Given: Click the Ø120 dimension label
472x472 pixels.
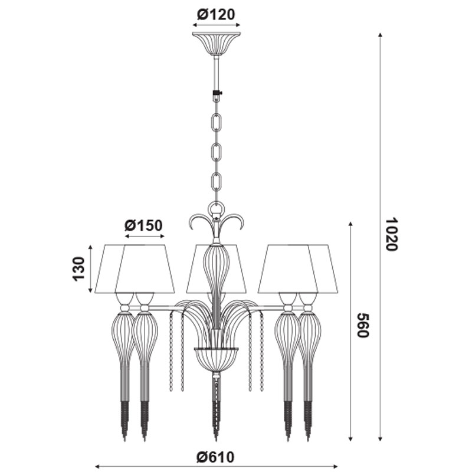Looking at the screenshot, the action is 216,14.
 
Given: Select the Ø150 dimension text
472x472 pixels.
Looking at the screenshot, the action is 143,225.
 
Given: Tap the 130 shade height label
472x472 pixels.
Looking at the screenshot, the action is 78,269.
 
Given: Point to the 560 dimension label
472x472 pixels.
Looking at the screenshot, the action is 363,325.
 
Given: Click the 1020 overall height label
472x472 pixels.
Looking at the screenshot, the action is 392,234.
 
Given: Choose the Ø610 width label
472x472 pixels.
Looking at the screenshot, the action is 215,457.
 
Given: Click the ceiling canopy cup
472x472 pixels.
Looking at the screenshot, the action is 216,43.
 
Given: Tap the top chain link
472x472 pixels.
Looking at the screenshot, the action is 217,122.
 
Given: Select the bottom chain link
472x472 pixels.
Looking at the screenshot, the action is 217,182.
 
